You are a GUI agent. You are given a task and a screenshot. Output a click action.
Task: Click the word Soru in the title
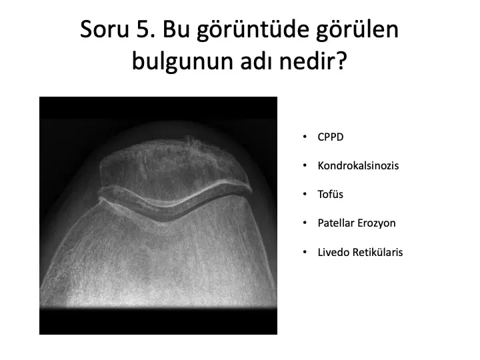(105, 29)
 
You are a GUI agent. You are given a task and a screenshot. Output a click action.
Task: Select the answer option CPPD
(331, 137)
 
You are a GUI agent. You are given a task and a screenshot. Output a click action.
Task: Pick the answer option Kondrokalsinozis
(358, 165)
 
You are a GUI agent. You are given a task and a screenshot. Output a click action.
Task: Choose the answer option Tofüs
(330, 195)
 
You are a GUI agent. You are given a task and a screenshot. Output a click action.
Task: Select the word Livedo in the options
(333, 252)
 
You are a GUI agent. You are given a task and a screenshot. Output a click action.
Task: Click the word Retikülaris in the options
(378, 252)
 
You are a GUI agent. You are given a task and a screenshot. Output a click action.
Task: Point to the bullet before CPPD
(305, 137)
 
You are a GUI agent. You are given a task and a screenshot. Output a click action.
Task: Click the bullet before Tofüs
(305, 194)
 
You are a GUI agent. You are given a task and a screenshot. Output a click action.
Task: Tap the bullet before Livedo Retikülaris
(305, 252)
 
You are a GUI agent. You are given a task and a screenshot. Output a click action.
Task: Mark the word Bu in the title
(175, 29)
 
